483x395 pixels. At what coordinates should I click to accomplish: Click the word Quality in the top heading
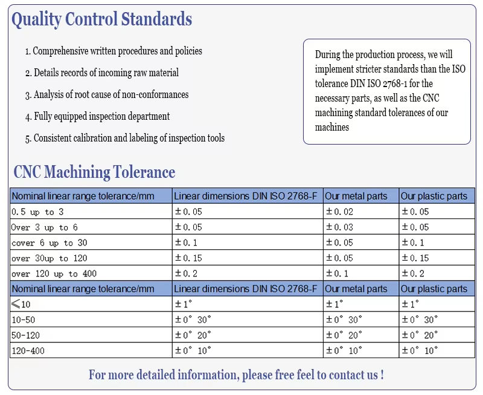(x=37, y=19)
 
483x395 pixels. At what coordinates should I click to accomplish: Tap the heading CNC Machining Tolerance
(x=94, y=172)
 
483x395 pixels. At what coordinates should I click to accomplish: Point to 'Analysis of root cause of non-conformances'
(x=107, y=95)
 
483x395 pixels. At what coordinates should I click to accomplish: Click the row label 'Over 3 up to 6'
(x=45, y=227)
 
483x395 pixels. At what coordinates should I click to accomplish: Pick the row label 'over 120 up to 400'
(x=54, y=274)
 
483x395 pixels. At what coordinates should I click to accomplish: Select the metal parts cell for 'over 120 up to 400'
(x=337, y=274)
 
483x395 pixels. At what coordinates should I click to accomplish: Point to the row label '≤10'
(x=21, y=304)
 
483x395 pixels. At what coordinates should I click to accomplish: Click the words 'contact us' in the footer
(x=353, y=375)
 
